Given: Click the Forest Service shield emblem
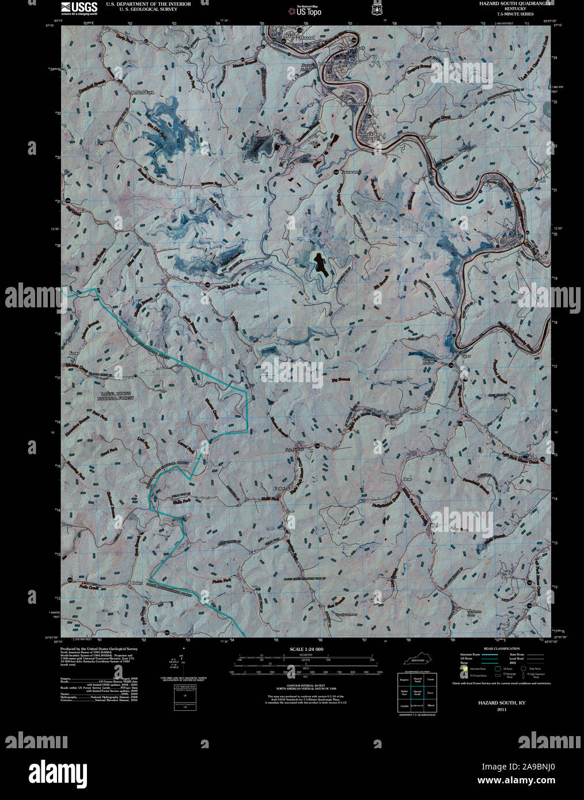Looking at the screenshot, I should (x=377, y=9).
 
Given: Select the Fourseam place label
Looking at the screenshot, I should (x=350, y=172).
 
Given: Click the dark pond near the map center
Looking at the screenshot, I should (x=318, y=264).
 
